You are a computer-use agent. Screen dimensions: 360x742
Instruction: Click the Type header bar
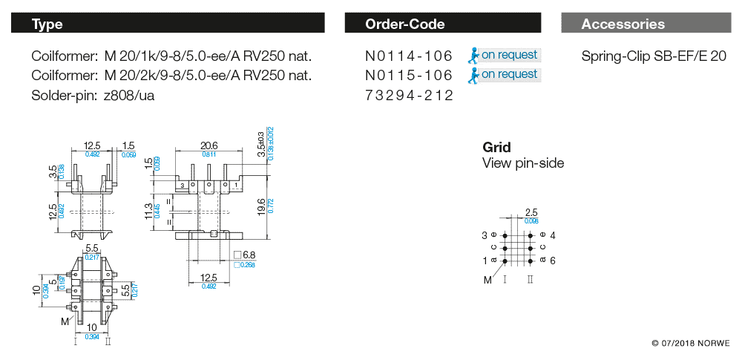(168, 24)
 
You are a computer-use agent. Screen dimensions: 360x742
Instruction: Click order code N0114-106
(409, 56)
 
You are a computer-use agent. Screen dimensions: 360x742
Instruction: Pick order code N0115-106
(409, 76)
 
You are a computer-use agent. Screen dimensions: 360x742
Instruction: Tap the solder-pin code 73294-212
(409, 96)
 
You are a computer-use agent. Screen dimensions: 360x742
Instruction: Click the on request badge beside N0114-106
(504, 55)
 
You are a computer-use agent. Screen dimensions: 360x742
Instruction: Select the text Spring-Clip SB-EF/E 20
(654, 56)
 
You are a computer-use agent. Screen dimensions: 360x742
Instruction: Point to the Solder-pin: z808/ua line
(93, 96)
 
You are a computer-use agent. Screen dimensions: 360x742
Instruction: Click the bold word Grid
(496, 148)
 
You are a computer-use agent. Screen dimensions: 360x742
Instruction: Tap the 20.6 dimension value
(209, 145)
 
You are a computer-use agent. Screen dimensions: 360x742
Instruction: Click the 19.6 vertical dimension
(260, 204)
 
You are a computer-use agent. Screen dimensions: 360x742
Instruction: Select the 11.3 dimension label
(148, 212)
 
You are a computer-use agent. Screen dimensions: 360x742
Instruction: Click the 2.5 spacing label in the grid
(531, 213)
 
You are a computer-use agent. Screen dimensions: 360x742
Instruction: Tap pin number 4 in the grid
(553, 235)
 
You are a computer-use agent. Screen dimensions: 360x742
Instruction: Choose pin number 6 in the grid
(553, 261)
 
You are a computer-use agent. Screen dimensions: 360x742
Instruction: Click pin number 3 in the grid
(485, 235)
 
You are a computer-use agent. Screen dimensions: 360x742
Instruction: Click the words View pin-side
(523, 163)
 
